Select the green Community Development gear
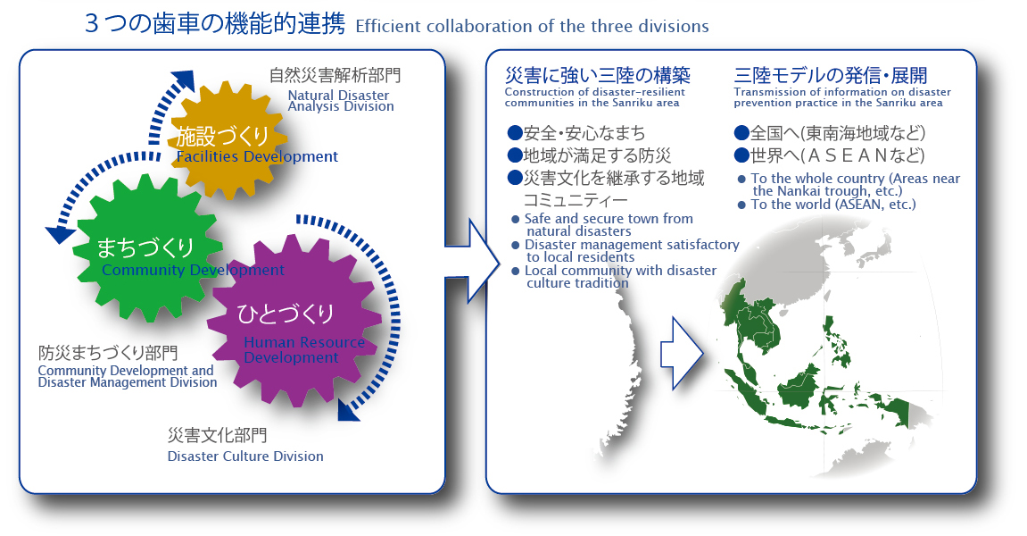[x=147, y=248]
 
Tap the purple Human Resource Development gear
[x=294, y=321]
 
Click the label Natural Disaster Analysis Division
[x=341, y=100]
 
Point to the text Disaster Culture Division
[x=245, y=456]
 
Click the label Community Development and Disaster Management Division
[x=127, y=377]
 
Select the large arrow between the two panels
[x=472, y=262]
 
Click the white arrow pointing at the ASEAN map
[x=681, y=354]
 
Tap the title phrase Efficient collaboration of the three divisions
[x=532, y=26]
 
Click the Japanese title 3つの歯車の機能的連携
[x=215, y=23]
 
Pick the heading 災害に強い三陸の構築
[x=597, y=75]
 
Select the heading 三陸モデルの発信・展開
[x=831, y=75]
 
